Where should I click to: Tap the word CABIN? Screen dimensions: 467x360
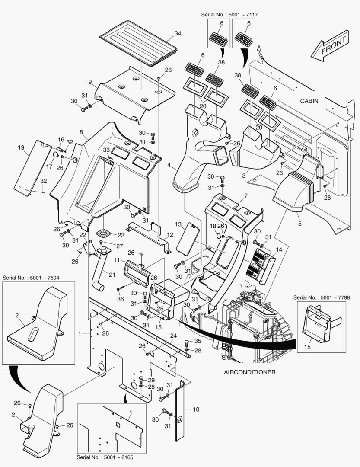point(309,101)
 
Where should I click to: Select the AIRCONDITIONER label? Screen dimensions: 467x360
point(250,372)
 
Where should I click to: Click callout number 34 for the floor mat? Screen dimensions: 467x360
point(178,33)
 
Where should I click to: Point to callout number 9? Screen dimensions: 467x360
point(90,82)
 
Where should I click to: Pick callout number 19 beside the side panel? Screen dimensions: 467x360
point(20,148)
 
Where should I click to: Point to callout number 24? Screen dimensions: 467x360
point(173,336)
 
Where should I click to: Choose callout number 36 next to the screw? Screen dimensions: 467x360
point(120,299)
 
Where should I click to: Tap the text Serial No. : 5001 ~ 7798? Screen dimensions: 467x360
point(319,297)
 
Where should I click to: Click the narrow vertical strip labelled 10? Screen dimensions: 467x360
point(180,411)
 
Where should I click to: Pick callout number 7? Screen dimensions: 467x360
point(245,196)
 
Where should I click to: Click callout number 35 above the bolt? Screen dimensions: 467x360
point(198,342)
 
